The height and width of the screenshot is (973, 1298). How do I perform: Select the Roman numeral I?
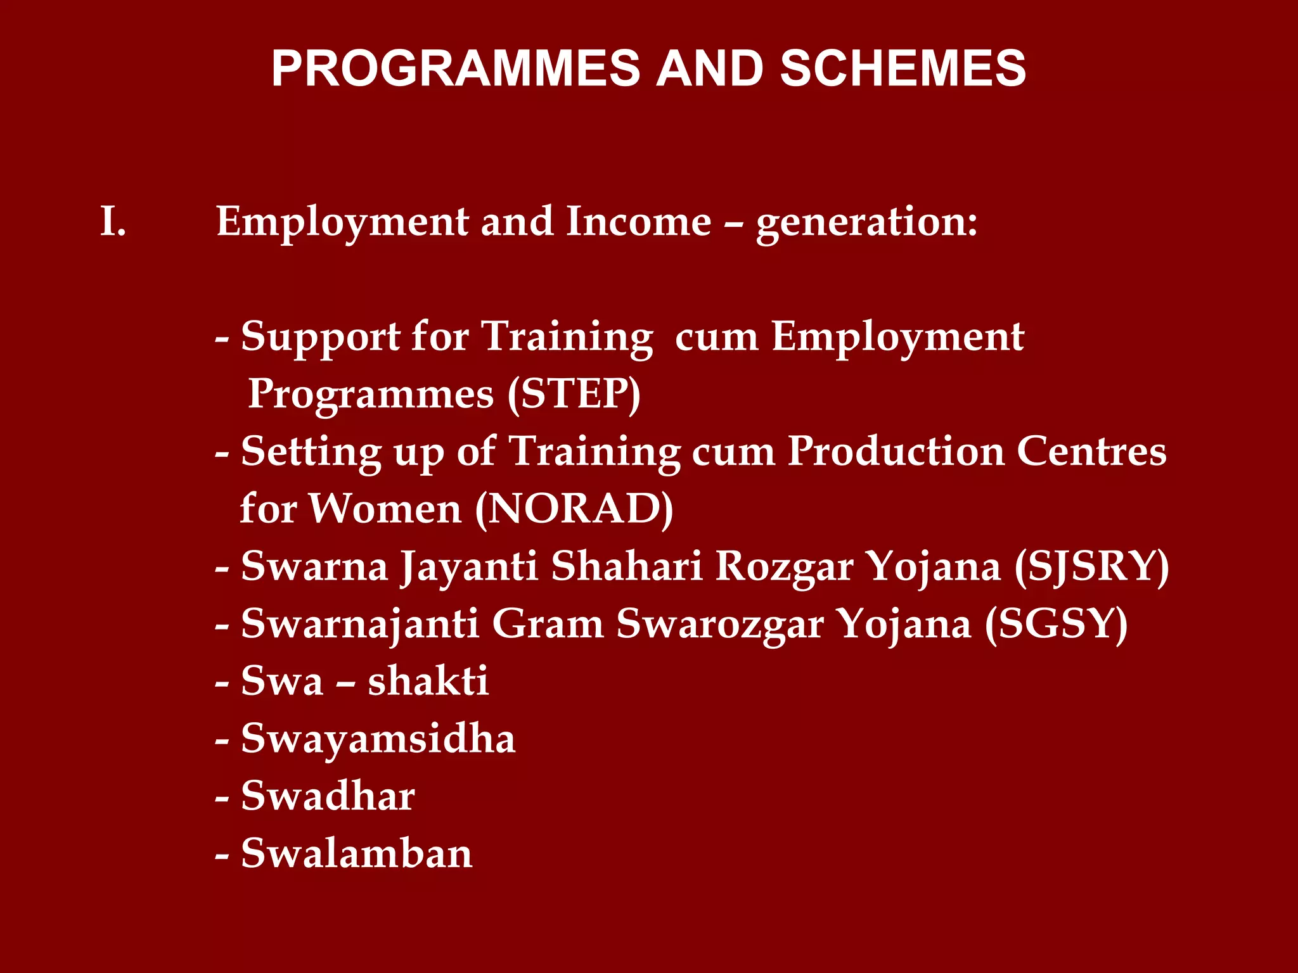(x=113, y=222)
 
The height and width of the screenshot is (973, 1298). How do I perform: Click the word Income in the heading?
(x=638, y=222)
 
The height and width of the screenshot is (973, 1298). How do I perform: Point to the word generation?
(x=867, y=223)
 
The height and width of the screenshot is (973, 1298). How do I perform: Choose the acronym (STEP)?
(x=574, y=394)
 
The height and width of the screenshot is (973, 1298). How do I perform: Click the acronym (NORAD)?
(x=574, y=509)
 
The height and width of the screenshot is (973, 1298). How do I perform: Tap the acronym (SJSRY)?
(x=1091, y=566)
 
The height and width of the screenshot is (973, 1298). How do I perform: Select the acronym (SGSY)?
(x=1057, y=624)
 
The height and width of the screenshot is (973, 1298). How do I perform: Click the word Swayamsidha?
(x=378, y=739)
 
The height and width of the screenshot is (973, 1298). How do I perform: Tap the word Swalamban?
(x=357, y=853)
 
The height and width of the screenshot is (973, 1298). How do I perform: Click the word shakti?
(x=428, y=681)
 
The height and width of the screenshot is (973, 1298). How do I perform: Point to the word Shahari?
(x=626, y=566)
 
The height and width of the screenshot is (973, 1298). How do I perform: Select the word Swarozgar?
(x=720, y=624)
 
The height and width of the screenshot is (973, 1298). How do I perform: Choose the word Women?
(x=385, y=509)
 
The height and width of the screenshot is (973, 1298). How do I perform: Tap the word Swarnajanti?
(x=359, y=624)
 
